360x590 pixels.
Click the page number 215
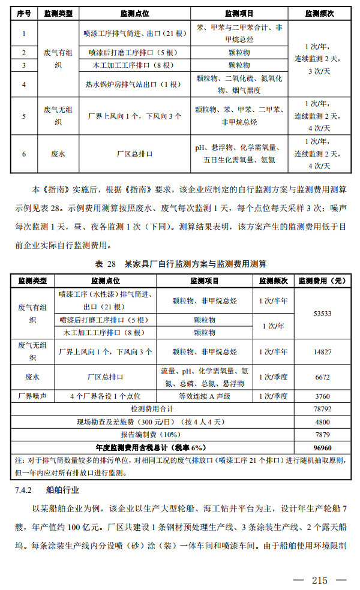click(319, 580)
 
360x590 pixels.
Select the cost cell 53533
click(323, 313)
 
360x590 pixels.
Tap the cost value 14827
click(323, 352)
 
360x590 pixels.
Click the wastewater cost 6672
click(323, 377)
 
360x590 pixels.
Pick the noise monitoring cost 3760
click(323, 396)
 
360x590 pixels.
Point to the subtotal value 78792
click(323, 408)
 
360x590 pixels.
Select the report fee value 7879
click(323, 434)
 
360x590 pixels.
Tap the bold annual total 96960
click(323, 447)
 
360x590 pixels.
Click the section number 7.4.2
click(23, 490)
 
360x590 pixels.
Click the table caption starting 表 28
click(180, 264)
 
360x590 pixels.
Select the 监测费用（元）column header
click(323, 281)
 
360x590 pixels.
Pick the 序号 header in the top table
click(24, 13)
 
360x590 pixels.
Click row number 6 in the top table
click(24, 153)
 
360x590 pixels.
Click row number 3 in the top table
click(24, 65)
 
